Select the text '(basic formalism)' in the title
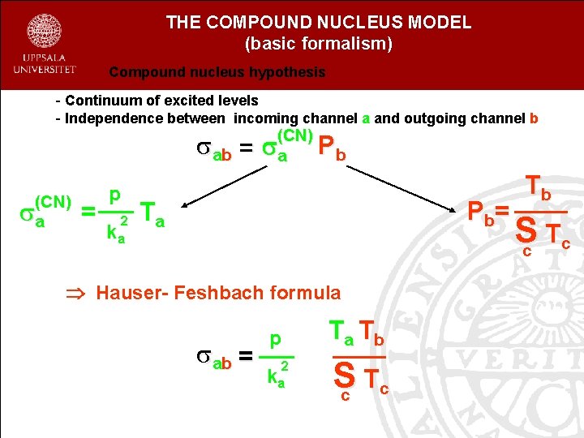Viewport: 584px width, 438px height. pos(318,44)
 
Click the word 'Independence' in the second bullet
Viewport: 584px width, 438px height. pos(105,118)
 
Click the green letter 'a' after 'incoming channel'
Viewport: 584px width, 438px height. pos(367,118)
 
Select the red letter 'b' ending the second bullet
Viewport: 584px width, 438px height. pos(533,118)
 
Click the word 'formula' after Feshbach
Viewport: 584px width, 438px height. pos(300,292)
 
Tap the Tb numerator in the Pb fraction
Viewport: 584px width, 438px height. pos(539,190)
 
